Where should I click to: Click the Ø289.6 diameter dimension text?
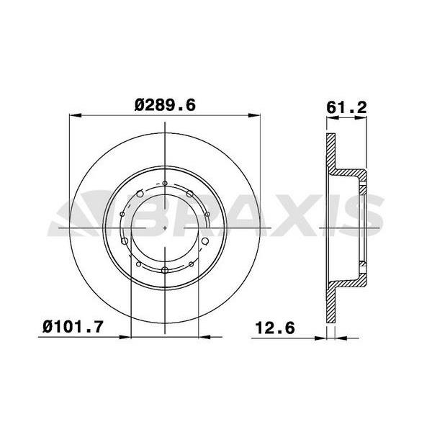[x=166, y=105]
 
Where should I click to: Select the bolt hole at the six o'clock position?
[x=166, y=270]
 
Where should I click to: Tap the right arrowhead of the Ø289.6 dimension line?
[x=255, y=114]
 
